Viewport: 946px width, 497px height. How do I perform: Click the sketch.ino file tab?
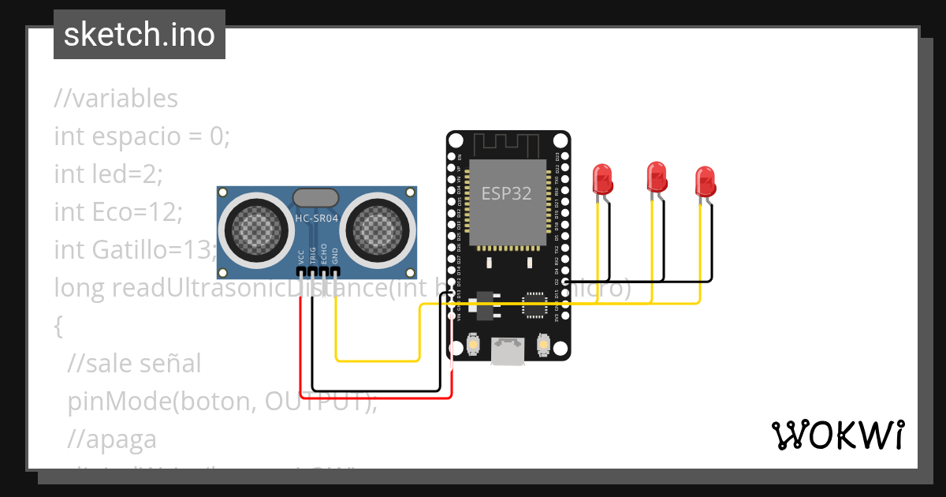[x=139, y=35]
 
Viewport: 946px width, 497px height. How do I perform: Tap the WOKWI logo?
[x=836, y=435]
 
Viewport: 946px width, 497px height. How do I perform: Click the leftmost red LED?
[x=602, y=179]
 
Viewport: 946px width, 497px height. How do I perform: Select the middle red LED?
[x=656, y=176]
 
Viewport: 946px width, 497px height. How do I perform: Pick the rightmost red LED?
[x=705, y=181]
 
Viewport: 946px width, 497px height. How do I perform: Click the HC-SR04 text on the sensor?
[x=316, y=219]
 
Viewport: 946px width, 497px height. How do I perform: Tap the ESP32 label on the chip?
[x=506, y=193]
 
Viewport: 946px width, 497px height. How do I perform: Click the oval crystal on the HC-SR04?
[x=316, y=198]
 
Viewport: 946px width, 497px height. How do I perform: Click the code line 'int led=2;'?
[x=108, y=173]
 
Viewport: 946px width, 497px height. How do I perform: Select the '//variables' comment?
[x=116, y=99]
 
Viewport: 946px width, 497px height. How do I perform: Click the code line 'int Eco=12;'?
[x=118, y=211]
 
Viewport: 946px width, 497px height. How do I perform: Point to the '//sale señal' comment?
[x=134, y=363]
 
